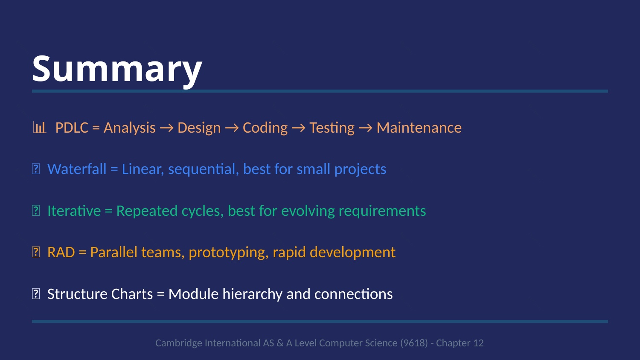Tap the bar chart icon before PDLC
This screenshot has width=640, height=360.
point(39,127)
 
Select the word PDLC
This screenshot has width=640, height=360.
point(72,128)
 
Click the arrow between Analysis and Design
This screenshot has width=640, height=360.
point(166,128)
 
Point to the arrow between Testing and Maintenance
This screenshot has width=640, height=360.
point(365,128)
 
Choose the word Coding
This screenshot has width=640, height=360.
point(265,128)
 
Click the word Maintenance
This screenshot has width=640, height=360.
point(419,128)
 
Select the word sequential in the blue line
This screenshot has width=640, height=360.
point(203,169)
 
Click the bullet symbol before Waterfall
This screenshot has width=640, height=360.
point(36,168)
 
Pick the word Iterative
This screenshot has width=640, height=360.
point(74,211)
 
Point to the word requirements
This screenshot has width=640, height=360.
point(382,211)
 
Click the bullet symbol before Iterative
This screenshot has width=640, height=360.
point(36,211)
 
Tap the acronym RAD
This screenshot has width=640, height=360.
point(61,252)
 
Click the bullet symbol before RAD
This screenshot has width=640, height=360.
point(36,252)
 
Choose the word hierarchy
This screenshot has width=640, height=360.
point(252,294)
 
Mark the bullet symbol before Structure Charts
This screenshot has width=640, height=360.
point(36,294)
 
